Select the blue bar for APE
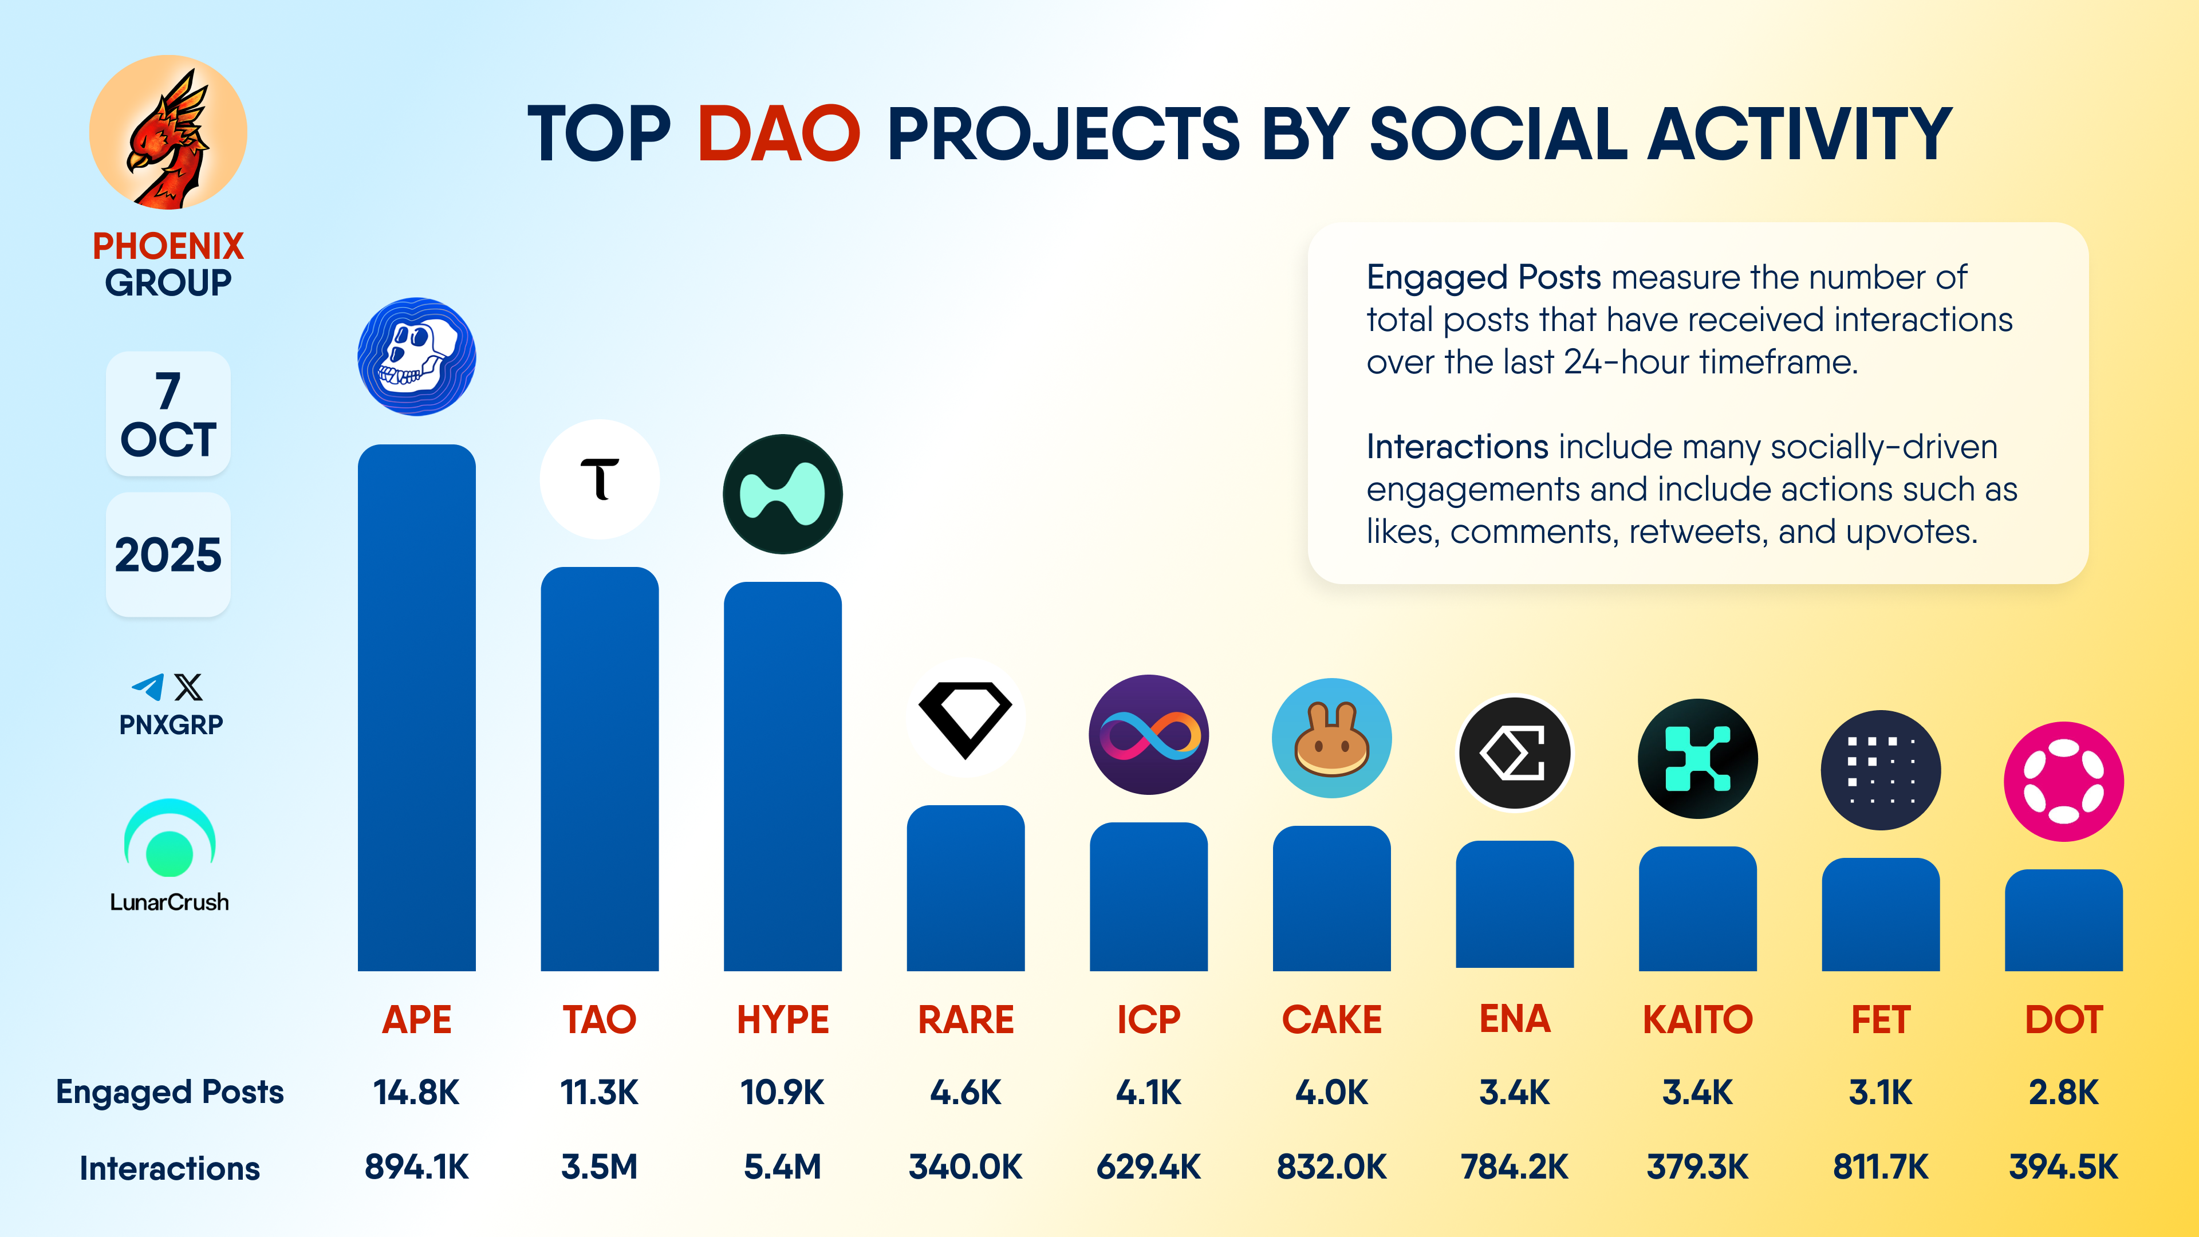416,708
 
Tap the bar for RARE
965,888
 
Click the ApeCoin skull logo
416,357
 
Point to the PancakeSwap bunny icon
1331,738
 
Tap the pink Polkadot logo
2063,781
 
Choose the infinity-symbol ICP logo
1148,735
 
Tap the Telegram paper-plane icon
148,687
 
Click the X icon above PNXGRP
188,687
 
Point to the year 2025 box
168,555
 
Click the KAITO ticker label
1697,1019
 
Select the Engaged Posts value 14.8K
416,1092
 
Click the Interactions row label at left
170,1168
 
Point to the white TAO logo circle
599,479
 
